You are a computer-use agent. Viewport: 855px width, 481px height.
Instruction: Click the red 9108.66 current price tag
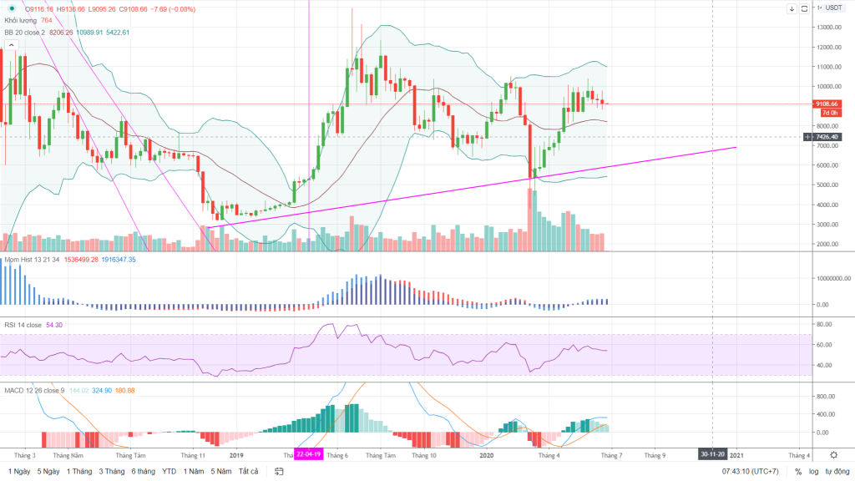(829, 104)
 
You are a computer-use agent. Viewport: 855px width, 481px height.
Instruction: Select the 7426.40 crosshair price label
(829, 136)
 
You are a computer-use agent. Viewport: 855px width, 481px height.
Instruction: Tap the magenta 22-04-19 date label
(308, 455)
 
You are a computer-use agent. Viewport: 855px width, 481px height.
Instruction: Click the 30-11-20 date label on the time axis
(712, 455)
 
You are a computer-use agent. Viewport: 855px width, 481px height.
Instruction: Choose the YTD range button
(169, 471)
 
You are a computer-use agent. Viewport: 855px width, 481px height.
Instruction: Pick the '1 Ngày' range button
(18, 471)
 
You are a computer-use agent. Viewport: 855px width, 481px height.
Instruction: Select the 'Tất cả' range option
(249, 471)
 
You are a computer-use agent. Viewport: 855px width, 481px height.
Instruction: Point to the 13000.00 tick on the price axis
(829, 27)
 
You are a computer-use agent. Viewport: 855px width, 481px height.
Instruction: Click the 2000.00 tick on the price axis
(829, 244)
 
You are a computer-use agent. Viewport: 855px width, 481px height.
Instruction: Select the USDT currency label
(835, 8)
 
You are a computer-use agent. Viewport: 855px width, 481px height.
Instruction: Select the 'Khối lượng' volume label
(22, 20)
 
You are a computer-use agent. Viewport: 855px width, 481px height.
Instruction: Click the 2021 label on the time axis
(737, 455)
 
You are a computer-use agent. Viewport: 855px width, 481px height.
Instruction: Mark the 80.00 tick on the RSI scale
(827, 324)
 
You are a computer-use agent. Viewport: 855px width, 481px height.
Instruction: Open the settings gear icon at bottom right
(832, 455)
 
